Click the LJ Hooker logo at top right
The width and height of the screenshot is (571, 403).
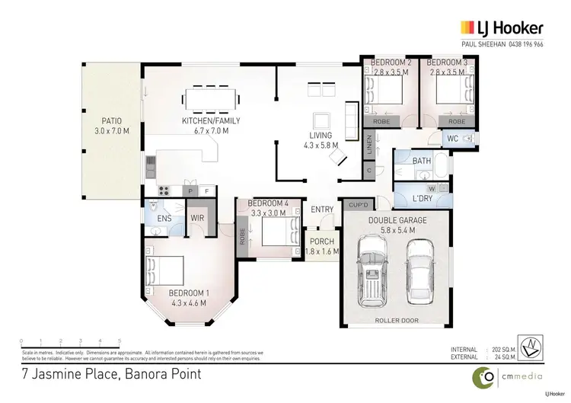pyautogui.click(x=503, y=29)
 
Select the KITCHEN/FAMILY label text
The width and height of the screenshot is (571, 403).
pyautogui.click(x=205, y=122)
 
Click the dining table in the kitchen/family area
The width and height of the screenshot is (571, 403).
pyautogui.click(x=209, y=99)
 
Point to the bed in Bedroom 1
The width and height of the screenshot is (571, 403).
pyautogui.click(x=167, y=272)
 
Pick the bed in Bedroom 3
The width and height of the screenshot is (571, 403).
pyautogui.click(x=445, y=93)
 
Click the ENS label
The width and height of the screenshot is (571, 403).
pyautogui.click(x=164, y=219)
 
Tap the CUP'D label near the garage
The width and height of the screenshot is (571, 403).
pyautogui.click(x=358, y=206)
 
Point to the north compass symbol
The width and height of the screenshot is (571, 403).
pyautogui.click(x=531, y=347)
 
